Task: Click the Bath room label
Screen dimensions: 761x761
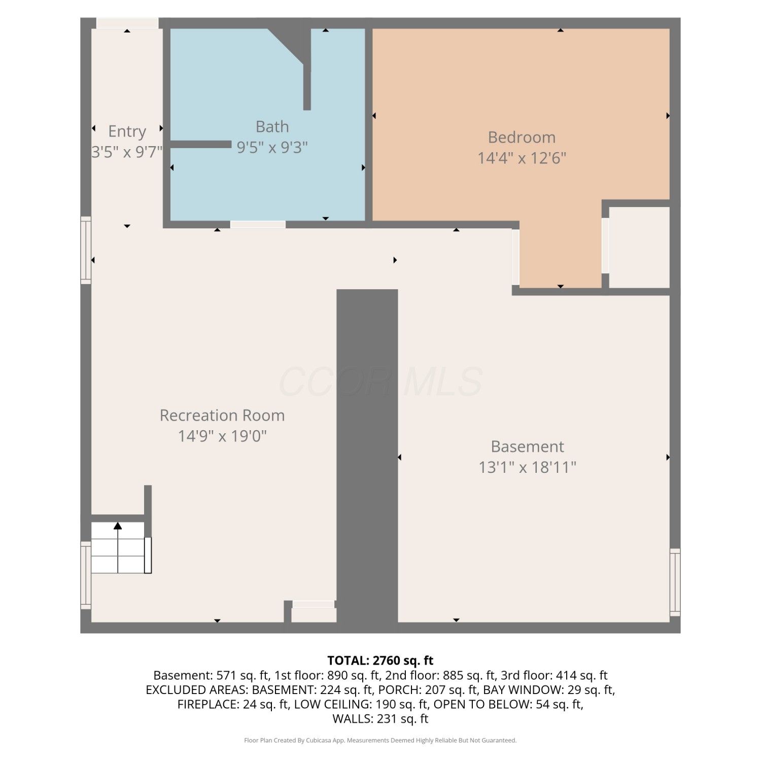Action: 272,126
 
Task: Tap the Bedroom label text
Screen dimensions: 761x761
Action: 522,137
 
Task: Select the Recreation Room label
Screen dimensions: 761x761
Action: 222,415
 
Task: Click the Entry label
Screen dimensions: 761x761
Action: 127,131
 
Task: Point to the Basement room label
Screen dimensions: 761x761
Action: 527,446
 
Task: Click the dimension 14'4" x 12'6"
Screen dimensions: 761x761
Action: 522,158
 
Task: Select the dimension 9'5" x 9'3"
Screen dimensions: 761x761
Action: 272,148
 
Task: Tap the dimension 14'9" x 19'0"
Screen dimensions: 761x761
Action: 222,436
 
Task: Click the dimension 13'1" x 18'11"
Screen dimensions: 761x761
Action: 527,467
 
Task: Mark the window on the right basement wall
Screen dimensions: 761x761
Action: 675,582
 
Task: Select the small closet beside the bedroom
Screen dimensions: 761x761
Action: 639,247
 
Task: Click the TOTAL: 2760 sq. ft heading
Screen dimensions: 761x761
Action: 380,661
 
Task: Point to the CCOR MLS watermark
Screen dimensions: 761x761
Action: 380,382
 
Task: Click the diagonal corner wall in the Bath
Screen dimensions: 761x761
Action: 286,47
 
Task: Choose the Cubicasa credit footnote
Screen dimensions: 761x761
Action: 380,741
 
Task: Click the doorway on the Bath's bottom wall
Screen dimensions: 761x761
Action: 258,225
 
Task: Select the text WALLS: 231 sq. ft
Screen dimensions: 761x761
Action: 380,719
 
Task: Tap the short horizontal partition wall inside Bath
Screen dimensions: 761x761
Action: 201,145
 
